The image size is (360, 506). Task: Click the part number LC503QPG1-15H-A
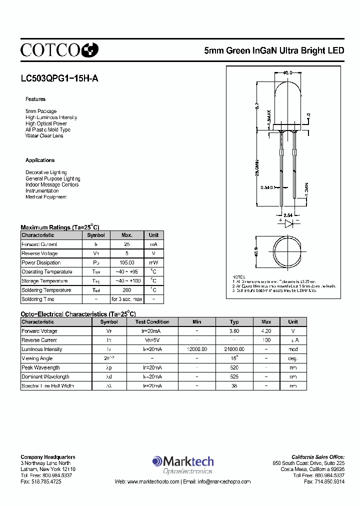coord(56,78)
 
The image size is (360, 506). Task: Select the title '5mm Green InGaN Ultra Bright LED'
coord(274,50)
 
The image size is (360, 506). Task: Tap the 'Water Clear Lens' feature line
coord(44,136)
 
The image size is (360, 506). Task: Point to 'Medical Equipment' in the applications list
coord(46,197)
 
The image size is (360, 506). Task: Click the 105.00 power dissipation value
coord(127,263)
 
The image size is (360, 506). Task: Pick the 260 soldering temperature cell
coord(127,290)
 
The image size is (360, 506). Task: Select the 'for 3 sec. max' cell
coord(127,299)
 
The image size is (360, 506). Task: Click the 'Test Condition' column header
coord(152,322)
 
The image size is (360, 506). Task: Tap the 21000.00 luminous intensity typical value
coord(234,349)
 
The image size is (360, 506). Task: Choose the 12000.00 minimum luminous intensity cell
coord(197,349)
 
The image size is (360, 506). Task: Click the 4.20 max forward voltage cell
coord(266,331)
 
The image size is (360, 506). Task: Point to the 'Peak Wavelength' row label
coord(40,368)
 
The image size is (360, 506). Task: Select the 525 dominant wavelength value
coord(234,377)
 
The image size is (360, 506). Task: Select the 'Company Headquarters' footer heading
coord(48,457)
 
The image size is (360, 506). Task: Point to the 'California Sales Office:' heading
coord(318,457)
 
